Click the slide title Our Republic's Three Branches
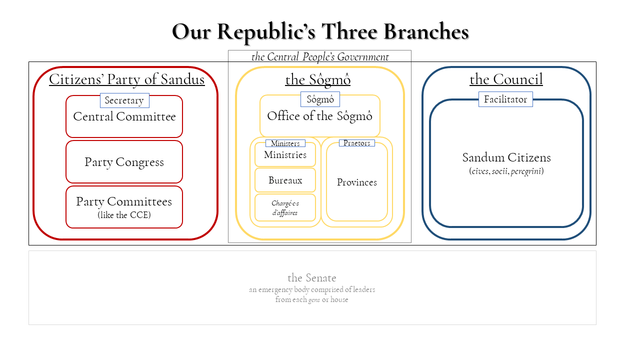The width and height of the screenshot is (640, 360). tap(320, 32)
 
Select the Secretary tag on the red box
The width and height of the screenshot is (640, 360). tap(124, 100)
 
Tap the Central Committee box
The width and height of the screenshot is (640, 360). tap(124, 120)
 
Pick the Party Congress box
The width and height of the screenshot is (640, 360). tap(124, 162)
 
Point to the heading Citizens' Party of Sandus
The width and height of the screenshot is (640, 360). tap(126, 79)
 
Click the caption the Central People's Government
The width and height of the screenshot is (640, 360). tap(320, 57)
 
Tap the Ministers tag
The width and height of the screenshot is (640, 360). tap(285, 143)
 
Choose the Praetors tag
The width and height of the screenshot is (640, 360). tap(356, 143)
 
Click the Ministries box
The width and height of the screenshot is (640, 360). tap(285, 155)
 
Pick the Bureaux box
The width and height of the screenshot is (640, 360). tap(285, 180)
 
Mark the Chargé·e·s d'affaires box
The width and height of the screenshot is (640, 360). tap(285, 208)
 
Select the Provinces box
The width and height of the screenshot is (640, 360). tap(356, 182)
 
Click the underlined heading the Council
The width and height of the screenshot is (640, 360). tap(506, 79)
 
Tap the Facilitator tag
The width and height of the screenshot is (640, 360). tap(505, 99)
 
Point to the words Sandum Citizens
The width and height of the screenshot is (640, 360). tap(506, 158)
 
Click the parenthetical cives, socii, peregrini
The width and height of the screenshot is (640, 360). tap(506, 171)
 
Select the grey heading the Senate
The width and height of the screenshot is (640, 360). tap(312, 278)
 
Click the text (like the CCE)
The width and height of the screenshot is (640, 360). tap(124, 215)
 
